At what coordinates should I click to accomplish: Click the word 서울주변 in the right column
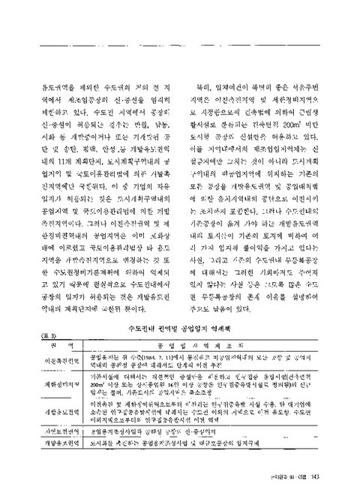pyautogui.click(x=310, y=88)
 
